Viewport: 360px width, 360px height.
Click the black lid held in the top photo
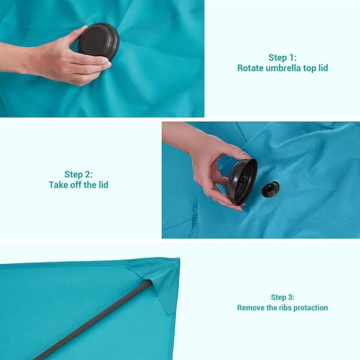pos(99,41)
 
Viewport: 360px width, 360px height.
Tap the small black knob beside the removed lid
pos(271,189)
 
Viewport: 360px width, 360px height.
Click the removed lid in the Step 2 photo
pos(242,181)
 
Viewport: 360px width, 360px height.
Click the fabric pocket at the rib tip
pos(158,283)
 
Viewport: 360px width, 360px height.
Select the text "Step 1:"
pos(283,58)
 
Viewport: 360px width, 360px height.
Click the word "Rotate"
pos(250,68)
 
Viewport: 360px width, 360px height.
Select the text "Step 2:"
pos(78,174)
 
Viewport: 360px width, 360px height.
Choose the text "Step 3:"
pos(283,297)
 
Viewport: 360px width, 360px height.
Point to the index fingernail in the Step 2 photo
pos(245,155)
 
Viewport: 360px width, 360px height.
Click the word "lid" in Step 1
pos(323,68)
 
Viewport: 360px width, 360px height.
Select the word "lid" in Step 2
pos(103,185)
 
